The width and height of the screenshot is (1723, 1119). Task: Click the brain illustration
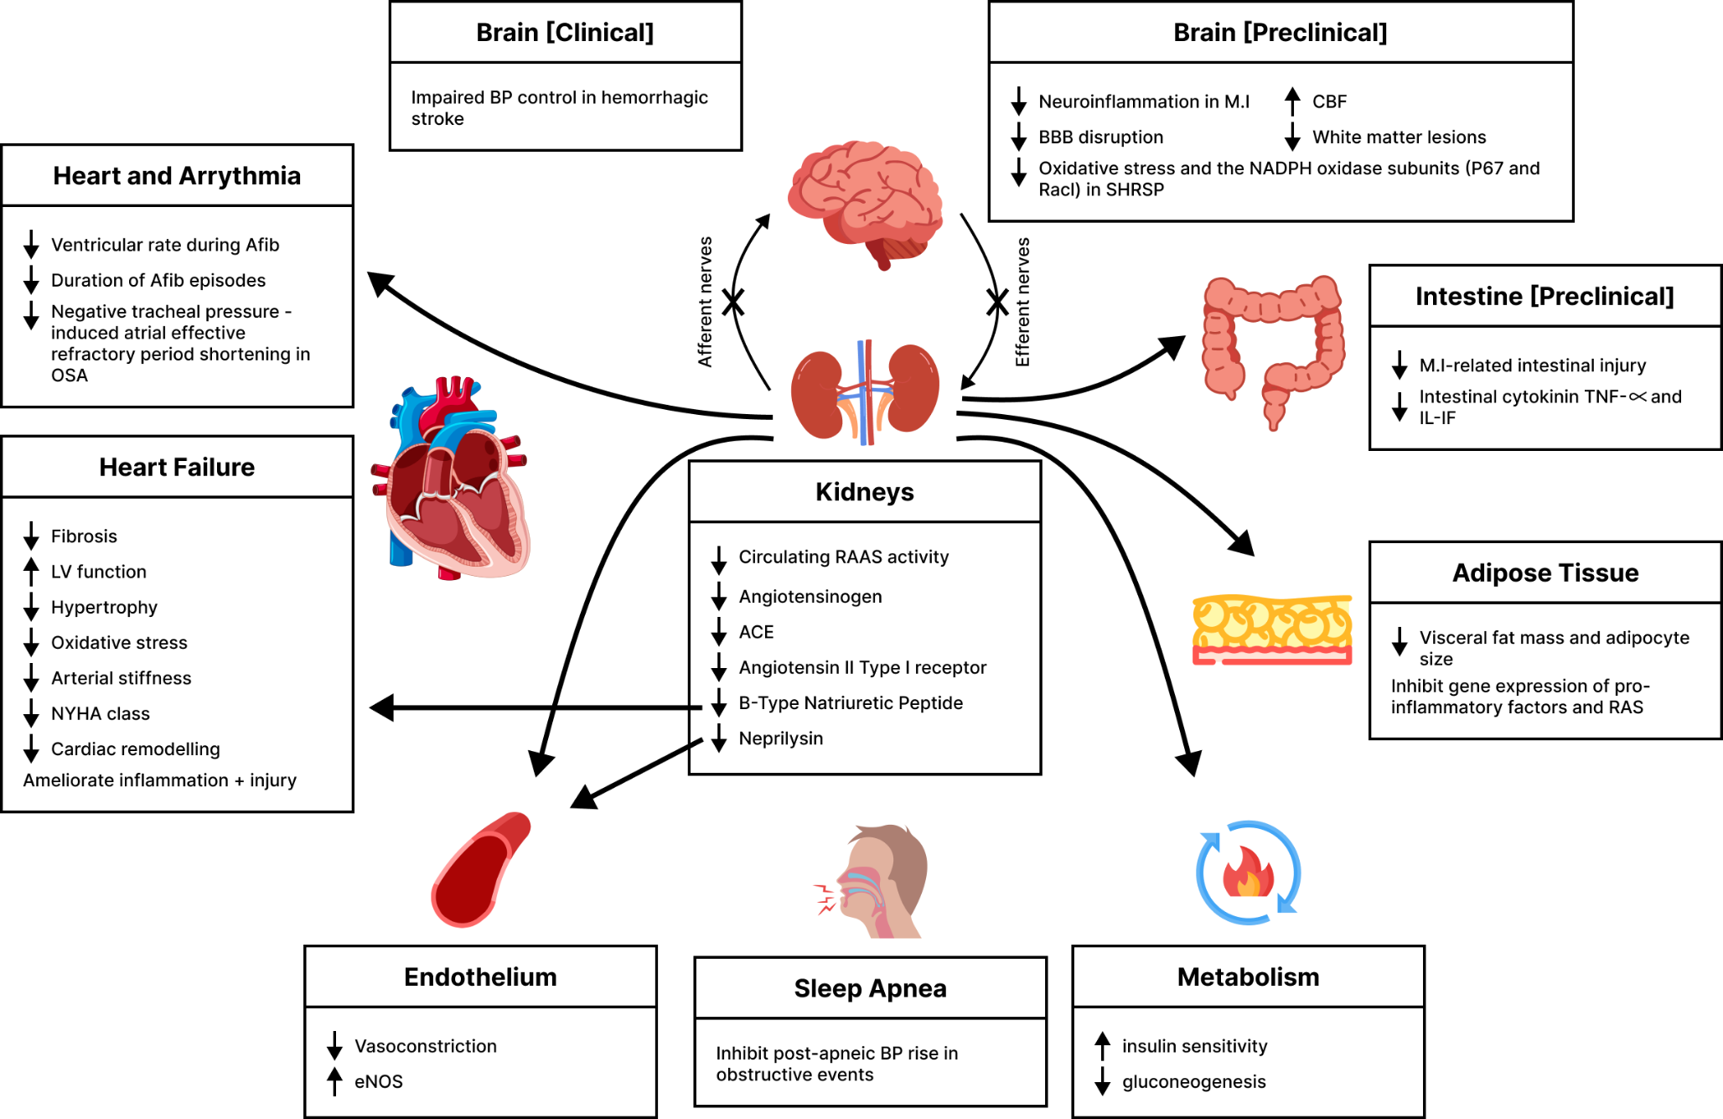pyautogui.click(x=865, y=201)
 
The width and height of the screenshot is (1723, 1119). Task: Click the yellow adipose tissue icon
pyautogui.click(x=1271, y=629)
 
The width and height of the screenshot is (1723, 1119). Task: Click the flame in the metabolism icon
pyautogui.click(x=1248, y=873)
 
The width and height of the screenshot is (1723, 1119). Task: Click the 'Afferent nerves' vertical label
pyautogui.click(x=706, y=302)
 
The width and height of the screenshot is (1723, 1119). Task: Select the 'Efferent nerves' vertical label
pyautogui.click(x=1022, y=302)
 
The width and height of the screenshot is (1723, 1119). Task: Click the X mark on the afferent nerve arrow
pyautogui.click(x=733, y=302)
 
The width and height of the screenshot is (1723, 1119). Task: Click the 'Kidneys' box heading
pyautogui.click(x=864, y=492)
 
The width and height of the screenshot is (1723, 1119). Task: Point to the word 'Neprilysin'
pyautogui.click(x=780, y=738)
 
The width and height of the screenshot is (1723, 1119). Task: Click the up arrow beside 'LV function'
pyautogui.click(x=31, y=572)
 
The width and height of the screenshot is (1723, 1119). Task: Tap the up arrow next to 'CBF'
pyautogui.click(x=1292, y=101)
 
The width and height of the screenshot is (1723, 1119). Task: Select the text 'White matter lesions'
pyautogui.click(x=1399, y=137)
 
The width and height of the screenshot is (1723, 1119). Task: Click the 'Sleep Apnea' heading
pyautogui.click(x=870, y=988)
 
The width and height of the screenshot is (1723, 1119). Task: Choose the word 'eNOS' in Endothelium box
pyautogui.click(x=378, y=1081)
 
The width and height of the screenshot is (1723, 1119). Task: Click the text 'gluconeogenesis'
pyautogui.click(x=1193, y=1081)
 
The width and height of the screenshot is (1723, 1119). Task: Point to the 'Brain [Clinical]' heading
pyautogui.click(x=565, y=33)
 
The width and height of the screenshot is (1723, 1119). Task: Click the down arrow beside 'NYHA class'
pyautogui.click(x=31, y=713)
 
